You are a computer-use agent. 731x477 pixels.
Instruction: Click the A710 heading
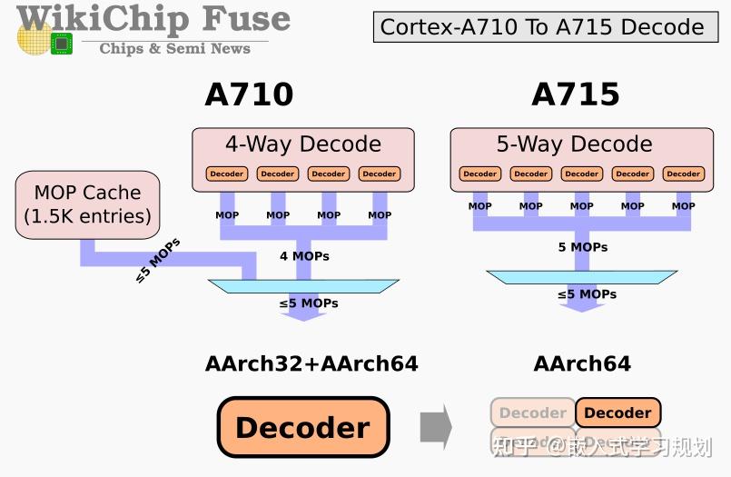249,94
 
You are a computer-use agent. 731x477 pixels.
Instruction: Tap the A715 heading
576,94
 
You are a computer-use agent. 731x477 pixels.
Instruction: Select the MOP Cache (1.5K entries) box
87,205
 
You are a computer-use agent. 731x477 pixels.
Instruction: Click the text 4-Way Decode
303,144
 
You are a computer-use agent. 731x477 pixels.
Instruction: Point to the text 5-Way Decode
574,144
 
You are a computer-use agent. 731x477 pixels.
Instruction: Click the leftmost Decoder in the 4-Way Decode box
227,174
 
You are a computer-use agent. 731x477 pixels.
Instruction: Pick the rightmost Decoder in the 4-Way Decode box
379,174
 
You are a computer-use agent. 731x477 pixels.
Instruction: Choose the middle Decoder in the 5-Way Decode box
581,174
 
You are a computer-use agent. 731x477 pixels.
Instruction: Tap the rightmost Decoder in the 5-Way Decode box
683,174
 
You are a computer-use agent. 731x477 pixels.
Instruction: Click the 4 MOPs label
304,256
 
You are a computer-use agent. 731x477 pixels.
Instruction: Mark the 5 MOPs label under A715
582,247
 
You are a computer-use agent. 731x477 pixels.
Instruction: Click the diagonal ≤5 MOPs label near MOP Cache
158,261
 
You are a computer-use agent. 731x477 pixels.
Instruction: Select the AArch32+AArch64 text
311,364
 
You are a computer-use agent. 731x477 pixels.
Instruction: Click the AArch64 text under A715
582,364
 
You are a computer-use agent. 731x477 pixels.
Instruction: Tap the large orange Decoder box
303,427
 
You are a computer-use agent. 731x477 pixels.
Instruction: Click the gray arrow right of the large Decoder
436,427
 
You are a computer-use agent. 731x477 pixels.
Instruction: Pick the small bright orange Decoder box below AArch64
617,412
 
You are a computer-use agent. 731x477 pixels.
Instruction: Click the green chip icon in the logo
62,42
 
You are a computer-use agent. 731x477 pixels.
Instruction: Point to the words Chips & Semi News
174,48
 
